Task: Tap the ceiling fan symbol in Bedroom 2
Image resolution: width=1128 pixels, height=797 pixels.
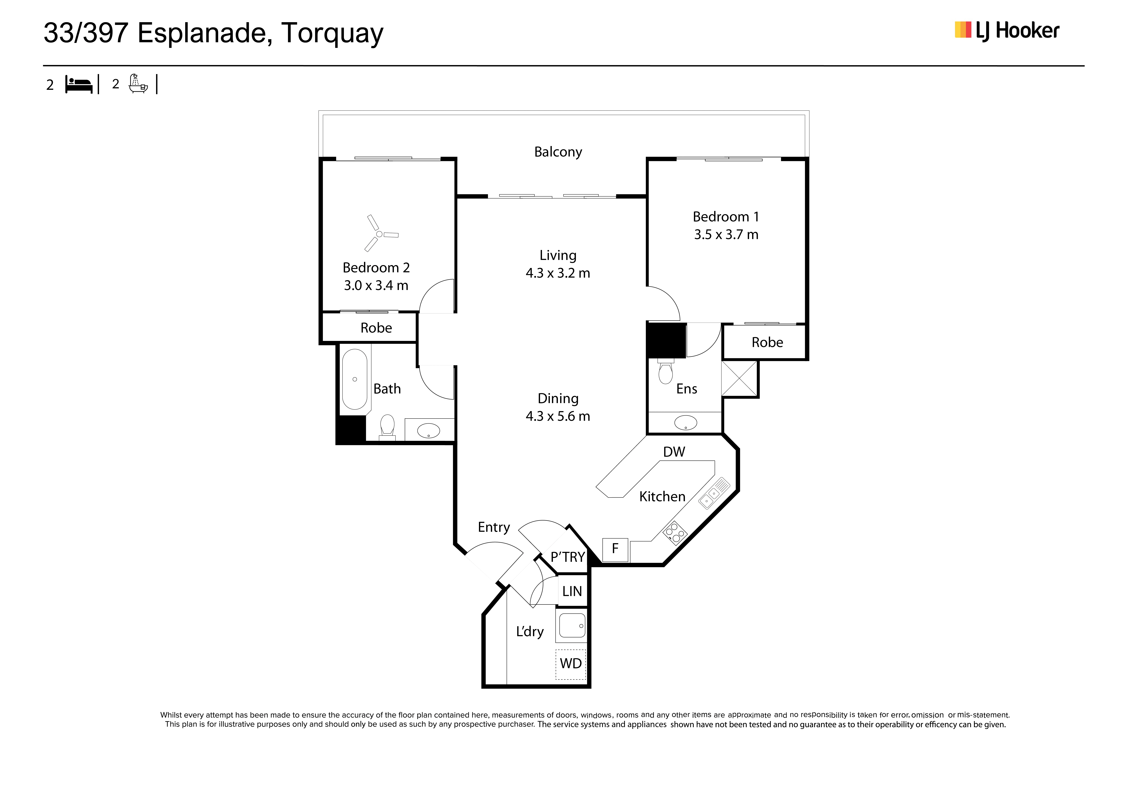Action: [380, 234]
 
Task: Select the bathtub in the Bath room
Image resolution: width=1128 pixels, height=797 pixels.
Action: [355, 379]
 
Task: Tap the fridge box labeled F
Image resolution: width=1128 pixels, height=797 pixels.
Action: [615, 549]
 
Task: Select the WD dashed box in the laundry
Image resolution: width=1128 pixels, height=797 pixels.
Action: [571, 664]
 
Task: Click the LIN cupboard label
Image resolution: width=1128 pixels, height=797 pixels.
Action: [572, 591]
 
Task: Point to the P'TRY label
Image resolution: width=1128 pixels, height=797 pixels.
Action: [567, 557]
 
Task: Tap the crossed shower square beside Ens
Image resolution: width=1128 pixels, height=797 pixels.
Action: [739, 379]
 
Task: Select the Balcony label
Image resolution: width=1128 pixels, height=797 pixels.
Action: [558, 152]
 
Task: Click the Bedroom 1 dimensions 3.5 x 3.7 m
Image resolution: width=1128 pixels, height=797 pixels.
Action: [726, 235]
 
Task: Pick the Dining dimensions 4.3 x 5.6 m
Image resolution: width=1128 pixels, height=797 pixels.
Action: [558, 416]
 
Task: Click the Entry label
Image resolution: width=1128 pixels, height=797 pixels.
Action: [494, 527]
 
